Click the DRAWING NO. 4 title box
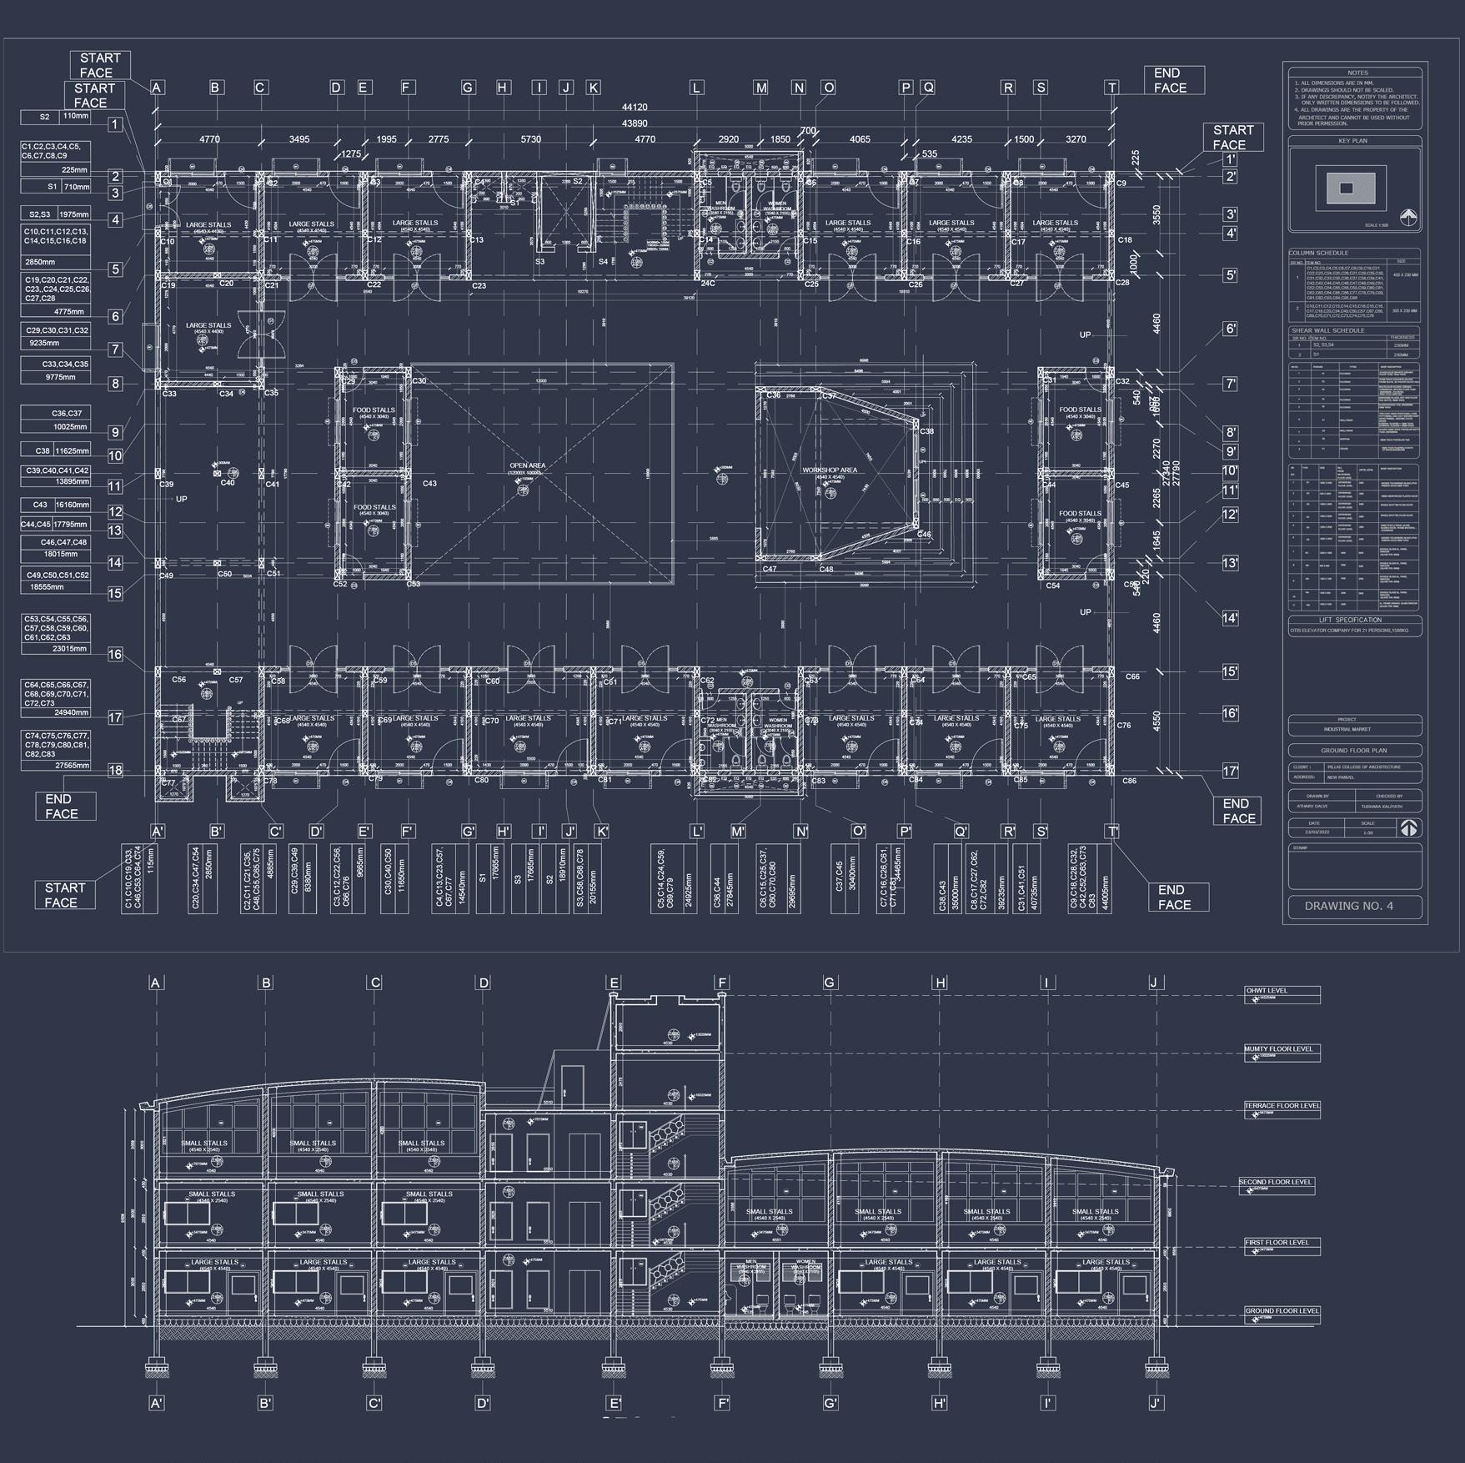tap(1353, 906)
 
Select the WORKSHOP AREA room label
tap(830, 470)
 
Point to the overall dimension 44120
tap(635, 108)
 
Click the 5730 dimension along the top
tap(530, 139)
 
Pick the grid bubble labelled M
tap(760, 88)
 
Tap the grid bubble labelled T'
tap(1111, 831)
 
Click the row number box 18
tap(115, 770)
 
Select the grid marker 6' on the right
tap(1230, 329)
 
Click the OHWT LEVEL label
tap(1267, 991)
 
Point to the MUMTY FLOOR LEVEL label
tap(1278, 1048)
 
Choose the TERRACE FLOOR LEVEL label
tap(1282, 1106)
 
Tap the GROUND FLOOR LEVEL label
tap(1282, 1310)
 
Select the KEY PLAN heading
tap(1353, 141)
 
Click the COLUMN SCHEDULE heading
tap(1318, 253)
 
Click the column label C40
tap(228, 483)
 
